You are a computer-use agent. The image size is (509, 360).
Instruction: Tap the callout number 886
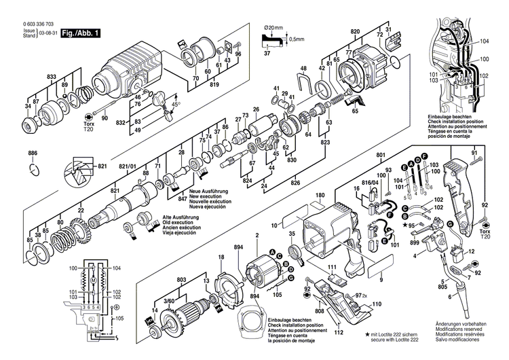pos(33,154)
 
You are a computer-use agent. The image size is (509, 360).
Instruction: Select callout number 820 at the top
pos(354,32)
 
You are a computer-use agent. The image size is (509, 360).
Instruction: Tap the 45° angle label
pos(176,105)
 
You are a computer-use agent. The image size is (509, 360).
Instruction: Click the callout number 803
pos(182,279)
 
